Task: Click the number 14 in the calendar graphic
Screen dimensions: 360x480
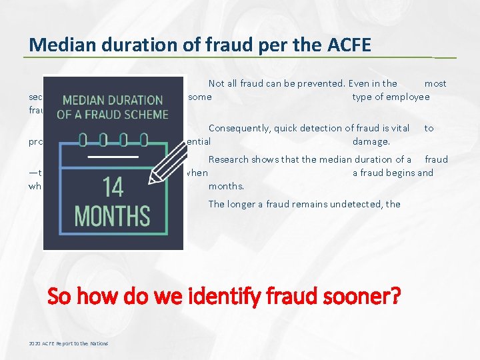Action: (113, 187)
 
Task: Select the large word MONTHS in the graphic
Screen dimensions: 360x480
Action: (112, 217)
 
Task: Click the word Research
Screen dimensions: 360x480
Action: (229, 159)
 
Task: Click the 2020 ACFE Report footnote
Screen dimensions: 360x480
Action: (69, 343)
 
